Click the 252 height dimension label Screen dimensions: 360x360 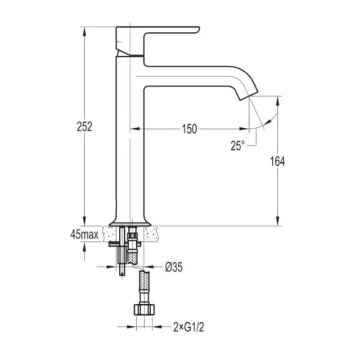click(x=85, y=127)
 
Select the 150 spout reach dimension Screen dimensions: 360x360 click(x=189, y=129)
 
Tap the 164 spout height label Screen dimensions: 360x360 click(x=277, y=161)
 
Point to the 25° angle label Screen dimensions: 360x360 click(x=238, y=146)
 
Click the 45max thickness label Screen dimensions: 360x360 click(x=85, y=234)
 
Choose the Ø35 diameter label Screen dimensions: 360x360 click(x=174, y=267)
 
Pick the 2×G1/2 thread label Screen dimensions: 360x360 click(x=189, y=327)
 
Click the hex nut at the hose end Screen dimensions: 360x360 click(x=144, y=310)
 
